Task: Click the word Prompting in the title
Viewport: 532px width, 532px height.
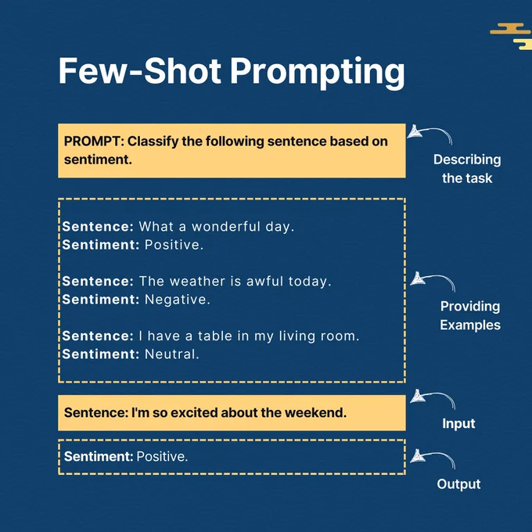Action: pos(317,73)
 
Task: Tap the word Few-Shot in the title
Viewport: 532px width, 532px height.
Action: pos(140,70)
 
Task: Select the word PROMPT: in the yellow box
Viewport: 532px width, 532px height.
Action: pos(95,142)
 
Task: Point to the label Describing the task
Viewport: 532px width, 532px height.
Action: pos(467,169)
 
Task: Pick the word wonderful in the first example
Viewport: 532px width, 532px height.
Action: pos(225,227)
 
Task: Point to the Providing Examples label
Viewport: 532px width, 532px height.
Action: pos(470,315)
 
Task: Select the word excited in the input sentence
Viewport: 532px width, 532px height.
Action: pos(194,412)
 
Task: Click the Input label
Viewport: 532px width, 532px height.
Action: pos(458,423)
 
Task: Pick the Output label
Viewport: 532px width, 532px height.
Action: pos(458,484)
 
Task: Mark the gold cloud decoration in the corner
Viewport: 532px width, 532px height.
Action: pos(512,36)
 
